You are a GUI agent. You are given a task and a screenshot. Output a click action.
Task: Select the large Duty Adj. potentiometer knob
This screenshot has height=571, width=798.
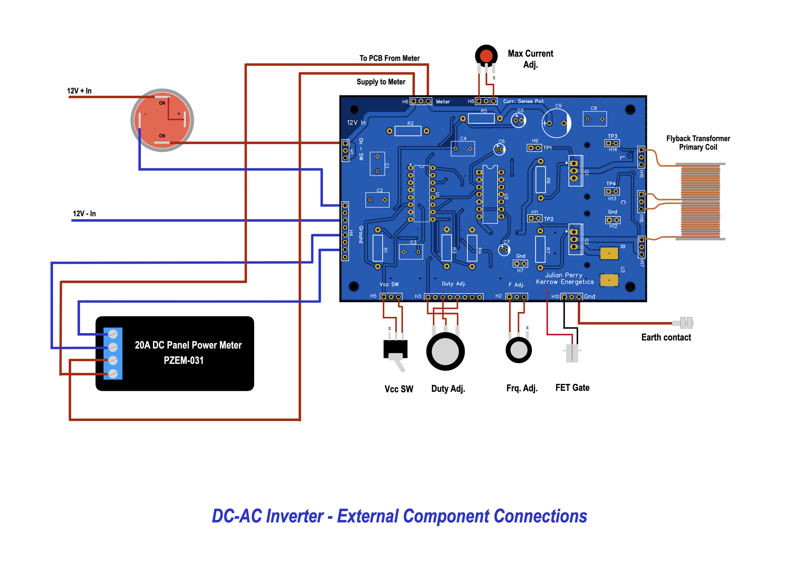(445, 352)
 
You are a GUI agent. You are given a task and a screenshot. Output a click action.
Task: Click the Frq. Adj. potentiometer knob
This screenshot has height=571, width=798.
(518, 350)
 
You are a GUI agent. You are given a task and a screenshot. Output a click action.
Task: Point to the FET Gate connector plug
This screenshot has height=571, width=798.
(572, 353)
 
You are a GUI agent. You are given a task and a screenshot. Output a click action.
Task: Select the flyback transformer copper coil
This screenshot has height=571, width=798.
(700, 202)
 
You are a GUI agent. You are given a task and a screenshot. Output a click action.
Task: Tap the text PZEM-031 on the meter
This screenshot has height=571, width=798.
(184, 361)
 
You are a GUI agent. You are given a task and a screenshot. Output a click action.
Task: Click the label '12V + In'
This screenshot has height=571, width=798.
(79, 91)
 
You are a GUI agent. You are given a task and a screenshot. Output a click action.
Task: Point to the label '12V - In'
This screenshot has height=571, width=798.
(84, 213)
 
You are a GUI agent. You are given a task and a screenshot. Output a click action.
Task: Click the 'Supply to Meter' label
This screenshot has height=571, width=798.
(380, 82)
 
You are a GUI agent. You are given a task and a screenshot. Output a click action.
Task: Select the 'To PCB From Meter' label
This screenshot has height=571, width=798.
(389, 58)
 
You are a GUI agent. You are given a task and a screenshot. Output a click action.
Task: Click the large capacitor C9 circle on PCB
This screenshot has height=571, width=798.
(556, 123)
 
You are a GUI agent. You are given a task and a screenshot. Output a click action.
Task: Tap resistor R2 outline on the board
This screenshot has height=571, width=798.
(408, 131)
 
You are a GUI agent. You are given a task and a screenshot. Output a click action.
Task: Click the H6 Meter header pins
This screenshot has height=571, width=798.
(421, 101)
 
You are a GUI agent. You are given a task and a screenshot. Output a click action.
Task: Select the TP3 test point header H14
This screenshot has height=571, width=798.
(612, 143)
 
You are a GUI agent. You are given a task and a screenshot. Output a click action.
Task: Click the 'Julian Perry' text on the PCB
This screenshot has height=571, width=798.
(563, 275)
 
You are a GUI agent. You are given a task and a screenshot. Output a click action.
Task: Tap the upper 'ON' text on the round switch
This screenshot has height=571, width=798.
(162, 103)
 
